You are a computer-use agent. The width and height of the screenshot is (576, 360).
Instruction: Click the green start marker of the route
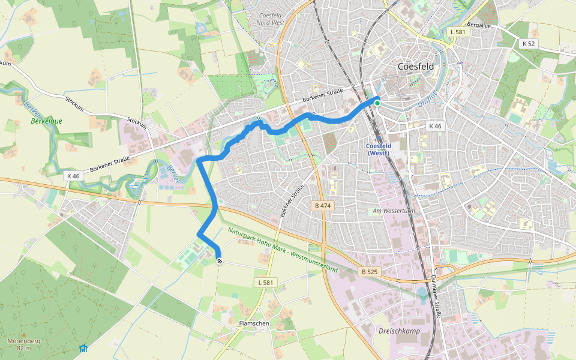tap(377, 103)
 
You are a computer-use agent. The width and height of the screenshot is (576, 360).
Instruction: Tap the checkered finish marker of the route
tap(220, 261)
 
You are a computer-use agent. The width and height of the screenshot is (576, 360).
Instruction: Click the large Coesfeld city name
tap(420, 67)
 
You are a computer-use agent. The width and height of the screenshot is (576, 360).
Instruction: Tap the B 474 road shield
tap(323, 206)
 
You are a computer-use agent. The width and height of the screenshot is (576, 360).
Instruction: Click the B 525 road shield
tap(370, 272)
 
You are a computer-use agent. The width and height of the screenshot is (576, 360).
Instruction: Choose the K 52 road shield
tap(529, 44)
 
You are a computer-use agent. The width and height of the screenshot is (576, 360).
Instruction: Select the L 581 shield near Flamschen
tap(265, 283)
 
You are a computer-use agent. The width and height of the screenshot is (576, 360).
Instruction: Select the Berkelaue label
tap(47, 121)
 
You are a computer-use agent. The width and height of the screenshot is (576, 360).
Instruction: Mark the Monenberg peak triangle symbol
tap(23, 334)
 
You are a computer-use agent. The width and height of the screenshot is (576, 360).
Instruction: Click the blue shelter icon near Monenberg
tap(83, 349)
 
